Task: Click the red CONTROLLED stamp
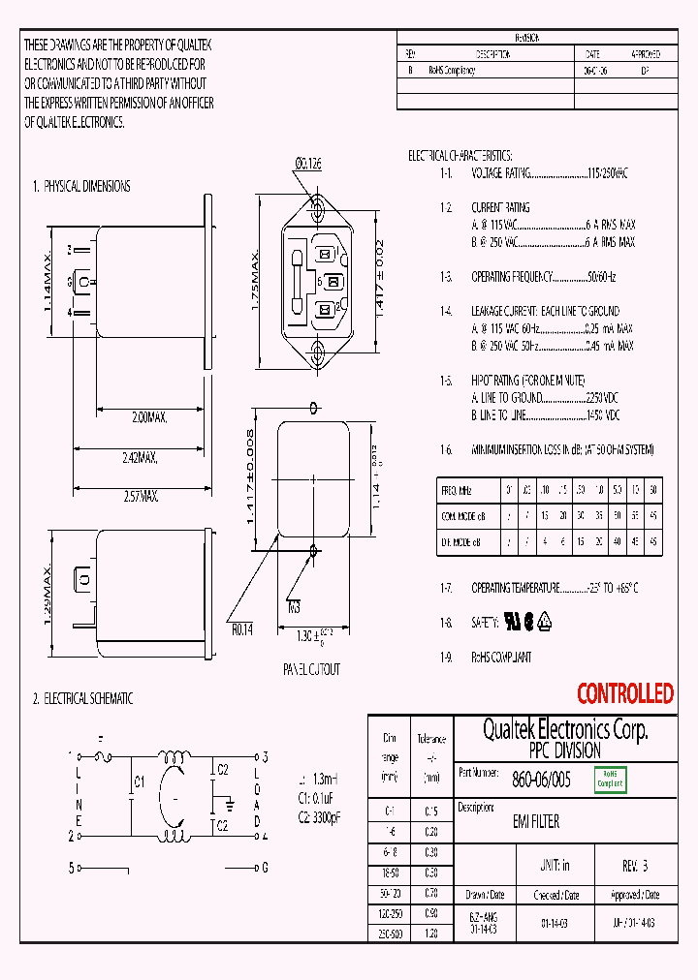pos(624,693)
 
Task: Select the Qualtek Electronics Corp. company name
pos(565,729)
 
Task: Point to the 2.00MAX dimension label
pos(150,417)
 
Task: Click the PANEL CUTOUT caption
pos(311,669)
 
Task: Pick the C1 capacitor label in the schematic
pos(140,781)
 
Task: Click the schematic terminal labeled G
pos(264,868)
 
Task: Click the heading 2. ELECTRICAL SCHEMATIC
pos(82,698)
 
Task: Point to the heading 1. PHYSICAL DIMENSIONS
pos(81,186)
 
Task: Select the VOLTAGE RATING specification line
pos(549,173)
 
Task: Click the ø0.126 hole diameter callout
pos(307,165)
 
